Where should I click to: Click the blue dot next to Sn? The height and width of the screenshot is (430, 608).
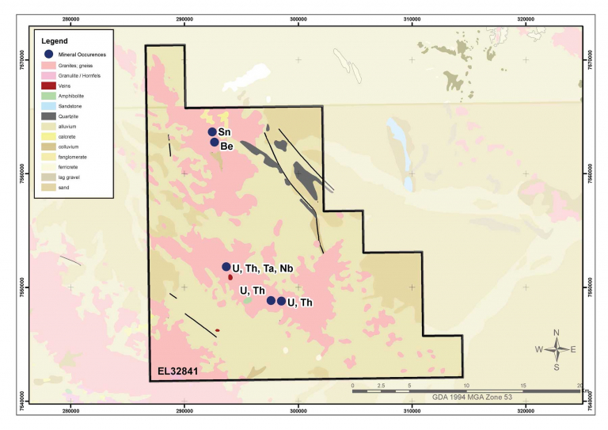point(212,131)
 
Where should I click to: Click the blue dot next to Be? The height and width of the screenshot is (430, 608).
point(215,142)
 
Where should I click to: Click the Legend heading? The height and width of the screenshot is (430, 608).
point(55,40)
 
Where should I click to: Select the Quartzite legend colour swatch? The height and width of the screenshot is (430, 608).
point(47,116)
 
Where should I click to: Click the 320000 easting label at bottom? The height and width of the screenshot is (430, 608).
point(526,411)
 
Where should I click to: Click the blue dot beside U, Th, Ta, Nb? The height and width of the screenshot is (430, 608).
point(226,267)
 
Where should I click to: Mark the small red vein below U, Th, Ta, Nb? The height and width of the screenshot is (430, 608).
point(230,277)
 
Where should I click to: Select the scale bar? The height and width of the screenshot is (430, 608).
point(467,390)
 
